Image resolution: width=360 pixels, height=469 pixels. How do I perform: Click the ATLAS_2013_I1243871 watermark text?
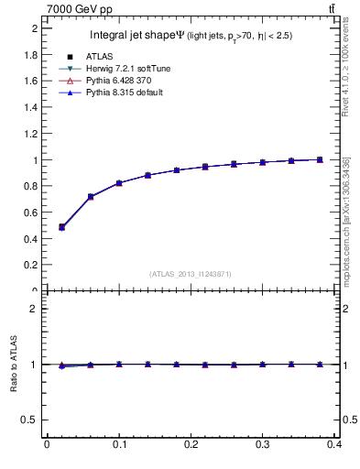pyautogui.click(x=191, y=274)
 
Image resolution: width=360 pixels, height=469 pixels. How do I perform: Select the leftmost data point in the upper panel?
pyautogui.click(x=61, y=226)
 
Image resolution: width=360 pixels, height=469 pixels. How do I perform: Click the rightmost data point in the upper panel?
pyautogui.click(x=320, y=159)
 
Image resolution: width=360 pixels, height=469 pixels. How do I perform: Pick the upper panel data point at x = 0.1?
pyautogui.click(x=119, y=183)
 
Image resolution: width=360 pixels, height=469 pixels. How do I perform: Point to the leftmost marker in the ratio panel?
pyautogui.click(x=61, y=365)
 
